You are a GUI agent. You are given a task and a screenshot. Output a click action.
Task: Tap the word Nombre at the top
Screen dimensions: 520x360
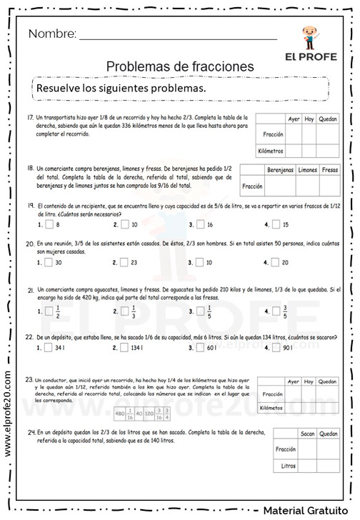coord(52,34)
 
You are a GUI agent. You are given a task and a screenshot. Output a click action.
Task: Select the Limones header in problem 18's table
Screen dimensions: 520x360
coord(307,170)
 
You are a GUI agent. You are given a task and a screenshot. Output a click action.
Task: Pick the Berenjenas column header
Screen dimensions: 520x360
coord(280,170)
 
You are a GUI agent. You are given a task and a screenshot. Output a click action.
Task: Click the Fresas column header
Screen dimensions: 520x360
coord(330,170)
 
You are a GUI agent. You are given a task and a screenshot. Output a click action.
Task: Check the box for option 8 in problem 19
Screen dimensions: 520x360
coord(49,224)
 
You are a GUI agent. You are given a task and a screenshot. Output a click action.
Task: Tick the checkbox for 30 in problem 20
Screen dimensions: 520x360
coord(49,262)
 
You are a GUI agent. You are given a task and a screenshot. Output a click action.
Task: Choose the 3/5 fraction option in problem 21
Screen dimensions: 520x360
coord(276,311)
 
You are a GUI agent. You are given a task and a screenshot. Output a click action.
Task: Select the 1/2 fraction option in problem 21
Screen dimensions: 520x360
coord(49,311)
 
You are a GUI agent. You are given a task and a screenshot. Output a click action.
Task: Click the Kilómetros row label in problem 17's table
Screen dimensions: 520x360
coord(271,151)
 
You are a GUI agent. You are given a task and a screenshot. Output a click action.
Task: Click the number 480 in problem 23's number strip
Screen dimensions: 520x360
coord(120,413)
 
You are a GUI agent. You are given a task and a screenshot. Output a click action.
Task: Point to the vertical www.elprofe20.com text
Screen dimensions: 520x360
coord(8,414)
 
